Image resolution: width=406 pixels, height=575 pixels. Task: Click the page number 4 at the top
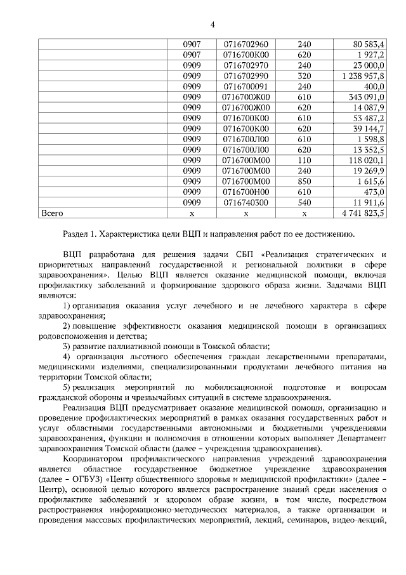point(213,25)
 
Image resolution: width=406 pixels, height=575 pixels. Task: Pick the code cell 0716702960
point(247,44)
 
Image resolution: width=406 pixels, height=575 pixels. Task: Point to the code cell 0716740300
point(247,202)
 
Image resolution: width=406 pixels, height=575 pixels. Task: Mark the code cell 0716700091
point(247,86)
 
